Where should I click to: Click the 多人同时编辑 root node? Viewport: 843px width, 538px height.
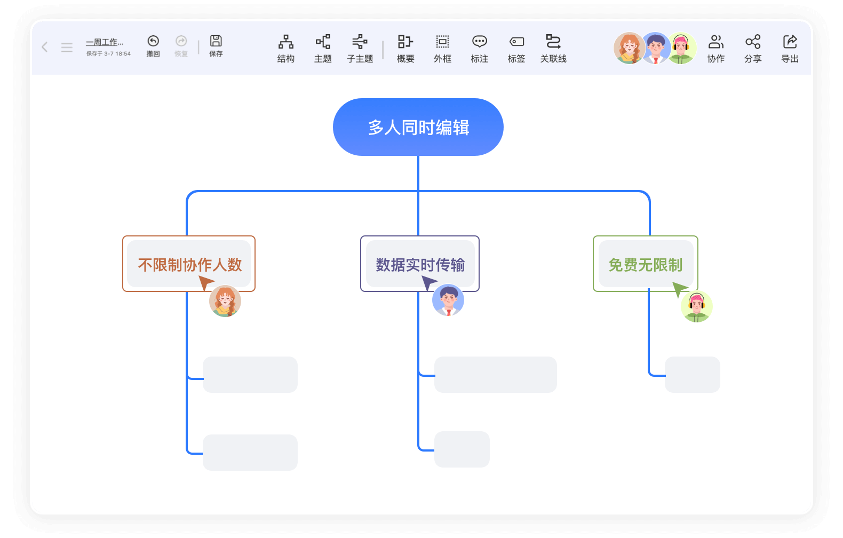point(418,127)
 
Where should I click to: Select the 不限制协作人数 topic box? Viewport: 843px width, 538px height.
point(189,264)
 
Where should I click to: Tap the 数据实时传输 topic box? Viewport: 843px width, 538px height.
point(420,264)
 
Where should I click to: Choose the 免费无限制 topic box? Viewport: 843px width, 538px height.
point(646,264)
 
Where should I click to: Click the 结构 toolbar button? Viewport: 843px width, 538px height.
point(286,48)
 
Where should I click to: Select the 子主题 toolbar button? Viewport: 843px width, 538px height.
point(360,48)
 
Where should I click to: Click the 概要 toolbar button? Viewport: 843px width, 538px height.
point(405,48)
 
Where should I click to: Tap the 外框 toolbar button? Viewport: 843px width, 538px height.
point(442,48)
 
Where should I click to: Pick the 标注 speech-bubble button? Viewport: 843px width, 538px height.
point(480,48)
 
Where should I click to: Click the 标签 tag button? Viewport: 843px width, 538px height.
point(516,48)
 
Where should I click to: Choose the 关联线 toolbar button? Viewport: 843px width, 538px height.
point(553,48)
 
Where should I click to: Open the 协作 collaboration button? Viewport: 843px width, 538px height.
point(716,48)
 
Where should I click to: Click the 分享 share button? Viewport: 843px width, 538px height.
point(753,48)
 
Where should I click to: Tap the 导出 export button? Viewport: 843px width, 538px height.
point(790,48)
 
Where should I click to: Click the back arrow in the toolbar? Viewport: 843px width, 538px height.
point(45,47)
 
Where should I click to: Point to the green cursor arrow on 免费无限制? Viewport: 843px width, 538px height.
point(679,289)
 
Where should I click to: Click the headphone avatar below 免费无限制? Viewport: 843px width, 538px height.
point(697,306)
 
